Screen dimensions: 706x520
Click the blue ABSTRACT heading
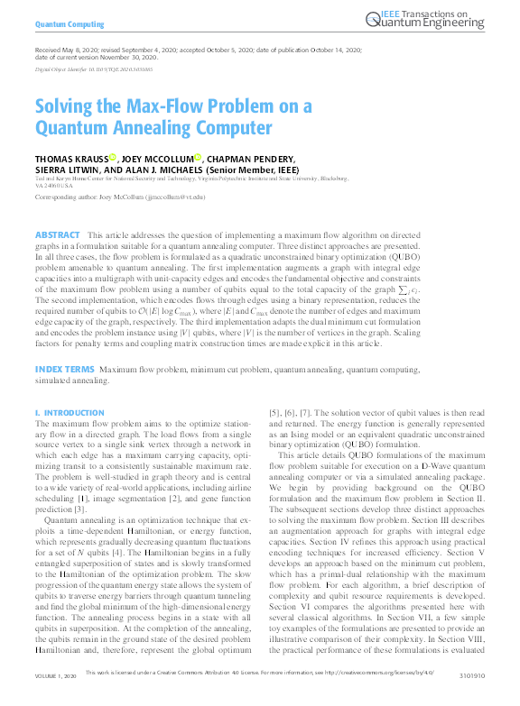pos(57,234)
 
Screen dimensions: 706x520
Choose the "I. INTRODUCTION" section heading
pos(69,413)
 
